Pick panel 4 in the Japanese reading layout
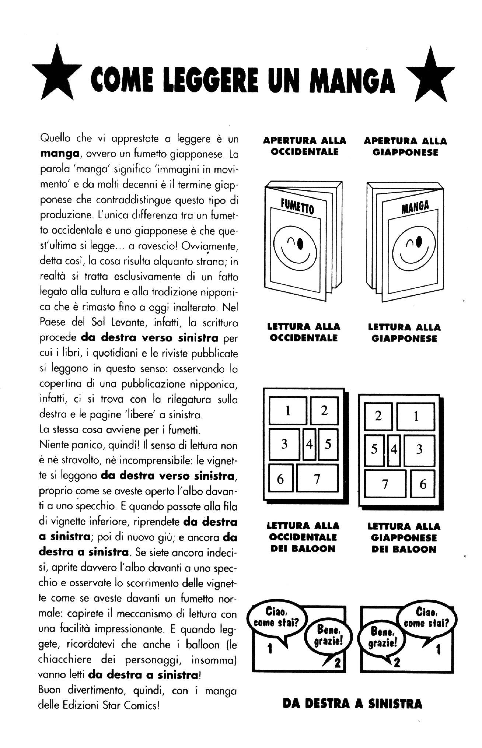click(x=394, y=450)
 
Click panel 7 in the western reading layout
click(x=317, y=479)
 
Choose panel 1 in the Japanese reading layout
click(x=416, y=416)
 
